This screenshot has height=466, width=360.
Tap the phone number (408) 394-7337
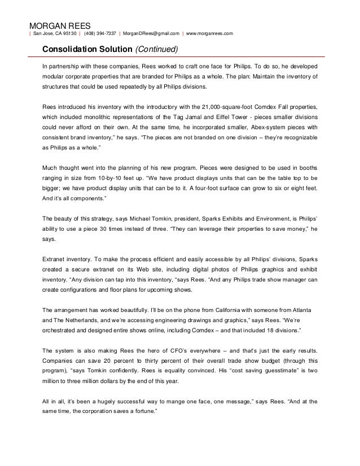pos(102,33)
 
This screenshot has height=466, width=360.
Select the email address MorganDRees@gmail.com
pos(151,33)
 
